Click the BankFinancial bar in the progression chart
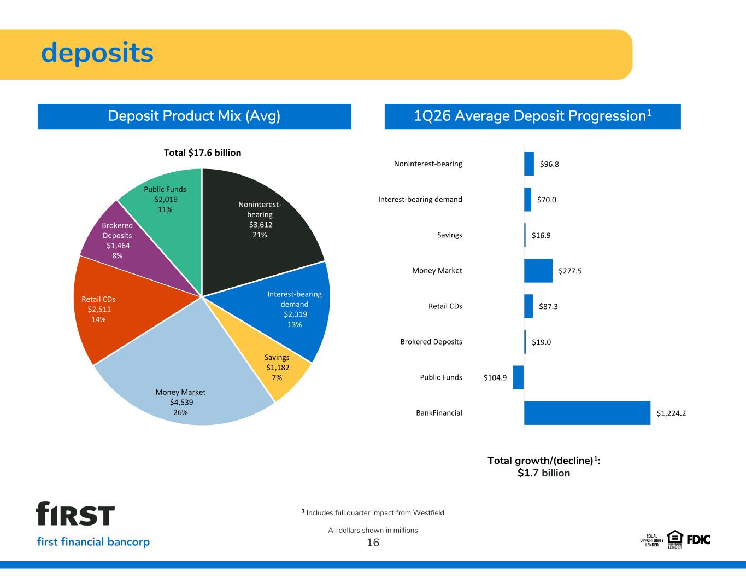coord(587,413)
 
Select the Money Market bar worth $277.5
coord(538,271)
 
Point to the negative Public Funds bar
coord(519,377)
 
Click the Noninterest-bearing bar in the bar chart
coord(529,164)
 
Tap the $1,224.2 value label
coord(671,413)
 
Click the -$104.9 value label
coord(494,378)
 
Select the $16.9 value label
coord(541,235)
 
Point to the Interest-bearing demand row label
coord(420,200)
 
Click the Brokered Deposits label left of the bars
coord(431,342)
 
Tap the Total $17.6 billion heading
coord(202,153)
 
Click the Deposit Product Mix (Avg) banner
coord(195,116)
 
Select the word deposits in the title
coord(97,53)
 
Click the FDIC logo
coord(698,540)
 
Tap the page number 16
coord(373,543)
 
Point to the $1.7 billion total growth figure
coord(544,473)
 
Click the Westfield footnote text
coord(373,512)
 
